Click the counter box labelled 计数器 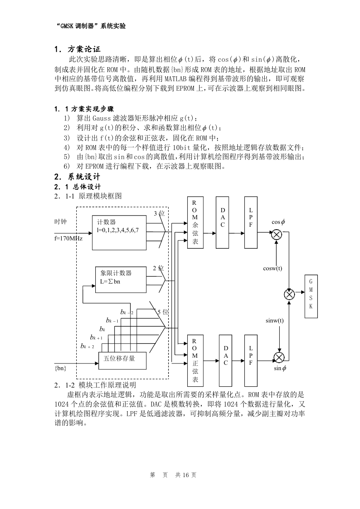119,233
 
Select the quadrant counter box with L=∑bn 121,280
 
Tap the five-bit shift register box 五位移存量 123,361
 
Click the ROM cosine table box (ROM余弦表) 196,223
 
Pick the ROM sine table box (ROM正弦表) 196,361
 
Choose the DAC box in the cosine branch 222,223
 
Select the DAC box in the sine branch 225,361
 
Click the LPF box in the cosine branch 251,223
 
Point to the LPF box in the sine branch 251,361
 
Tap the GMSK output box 311,296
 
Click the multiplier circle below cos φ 277,235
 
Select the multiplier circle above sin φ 279,357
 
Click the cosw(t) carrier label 273,268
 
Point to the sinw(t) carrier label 275,321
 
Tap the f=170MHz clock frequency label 68,238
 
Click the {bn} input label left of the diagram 60,368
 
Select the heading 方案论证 84,49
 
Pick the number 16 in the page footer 186,475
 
